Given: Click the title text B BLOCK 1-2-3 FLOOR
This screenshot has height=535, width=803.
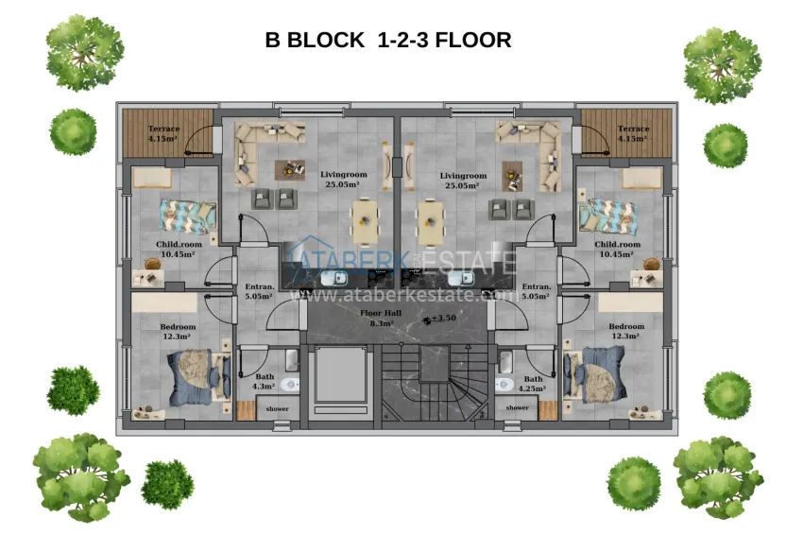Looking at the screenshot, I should (388, 41).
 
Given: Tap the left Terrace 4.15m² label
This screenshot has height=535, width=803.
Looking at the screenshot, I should (163, 133).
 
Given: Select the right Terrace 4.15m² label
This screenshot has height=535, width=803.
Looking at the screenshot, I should (633, 133).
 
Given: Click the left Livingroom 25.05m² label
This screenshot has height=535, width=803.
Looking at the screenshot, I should (344, 180).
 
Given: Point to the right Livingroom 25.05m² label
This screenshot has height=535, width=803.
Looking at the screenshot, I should (463, 180).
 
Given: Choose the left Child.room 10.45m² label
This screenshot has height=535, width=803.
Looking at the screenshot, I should (176, 249).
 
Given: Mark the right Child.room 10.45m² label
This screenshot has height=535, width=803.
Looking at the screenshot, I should (618, 249).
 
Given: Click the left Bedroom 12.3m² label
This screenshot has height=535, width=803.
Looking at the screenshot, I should (176, 331).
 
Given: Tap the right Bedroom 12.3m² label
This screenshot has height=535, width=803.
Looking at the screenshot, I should (620, 331).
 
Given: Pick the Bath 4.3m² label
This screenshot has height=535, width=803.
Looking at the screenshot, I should (262, 382).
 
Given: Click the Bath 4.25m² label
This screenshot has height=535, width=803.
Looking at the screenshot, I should (534, 382).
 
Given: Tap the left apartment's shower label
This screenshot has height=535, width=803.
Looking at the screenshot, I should (278, 407).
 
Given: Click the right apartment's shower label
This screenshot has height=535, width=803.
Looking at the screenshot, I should (517, 407).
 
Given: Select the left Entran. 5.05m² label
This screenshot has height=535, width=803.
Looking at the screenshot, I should (258, 290).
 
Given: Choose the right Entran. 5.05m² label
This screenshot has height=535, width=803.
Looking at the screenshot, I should (536, 290).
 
